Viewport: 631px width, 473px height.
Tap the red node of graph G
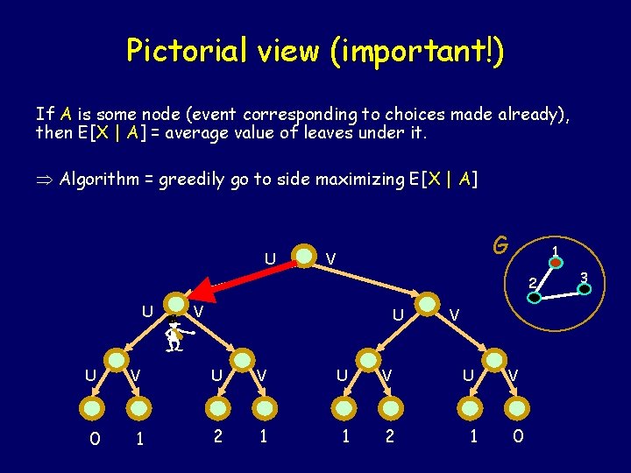click(x=556, y=261)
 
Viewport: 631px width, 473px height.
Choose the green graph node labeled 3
click(x=585, y=288)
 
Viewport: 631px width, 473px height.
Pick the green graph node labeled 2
click(x=534, y=297)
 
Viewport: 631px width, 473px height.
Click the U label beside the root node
click(x=271, y=258)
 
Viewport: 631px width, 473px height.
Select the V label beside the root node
click(x=331, y=258)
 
